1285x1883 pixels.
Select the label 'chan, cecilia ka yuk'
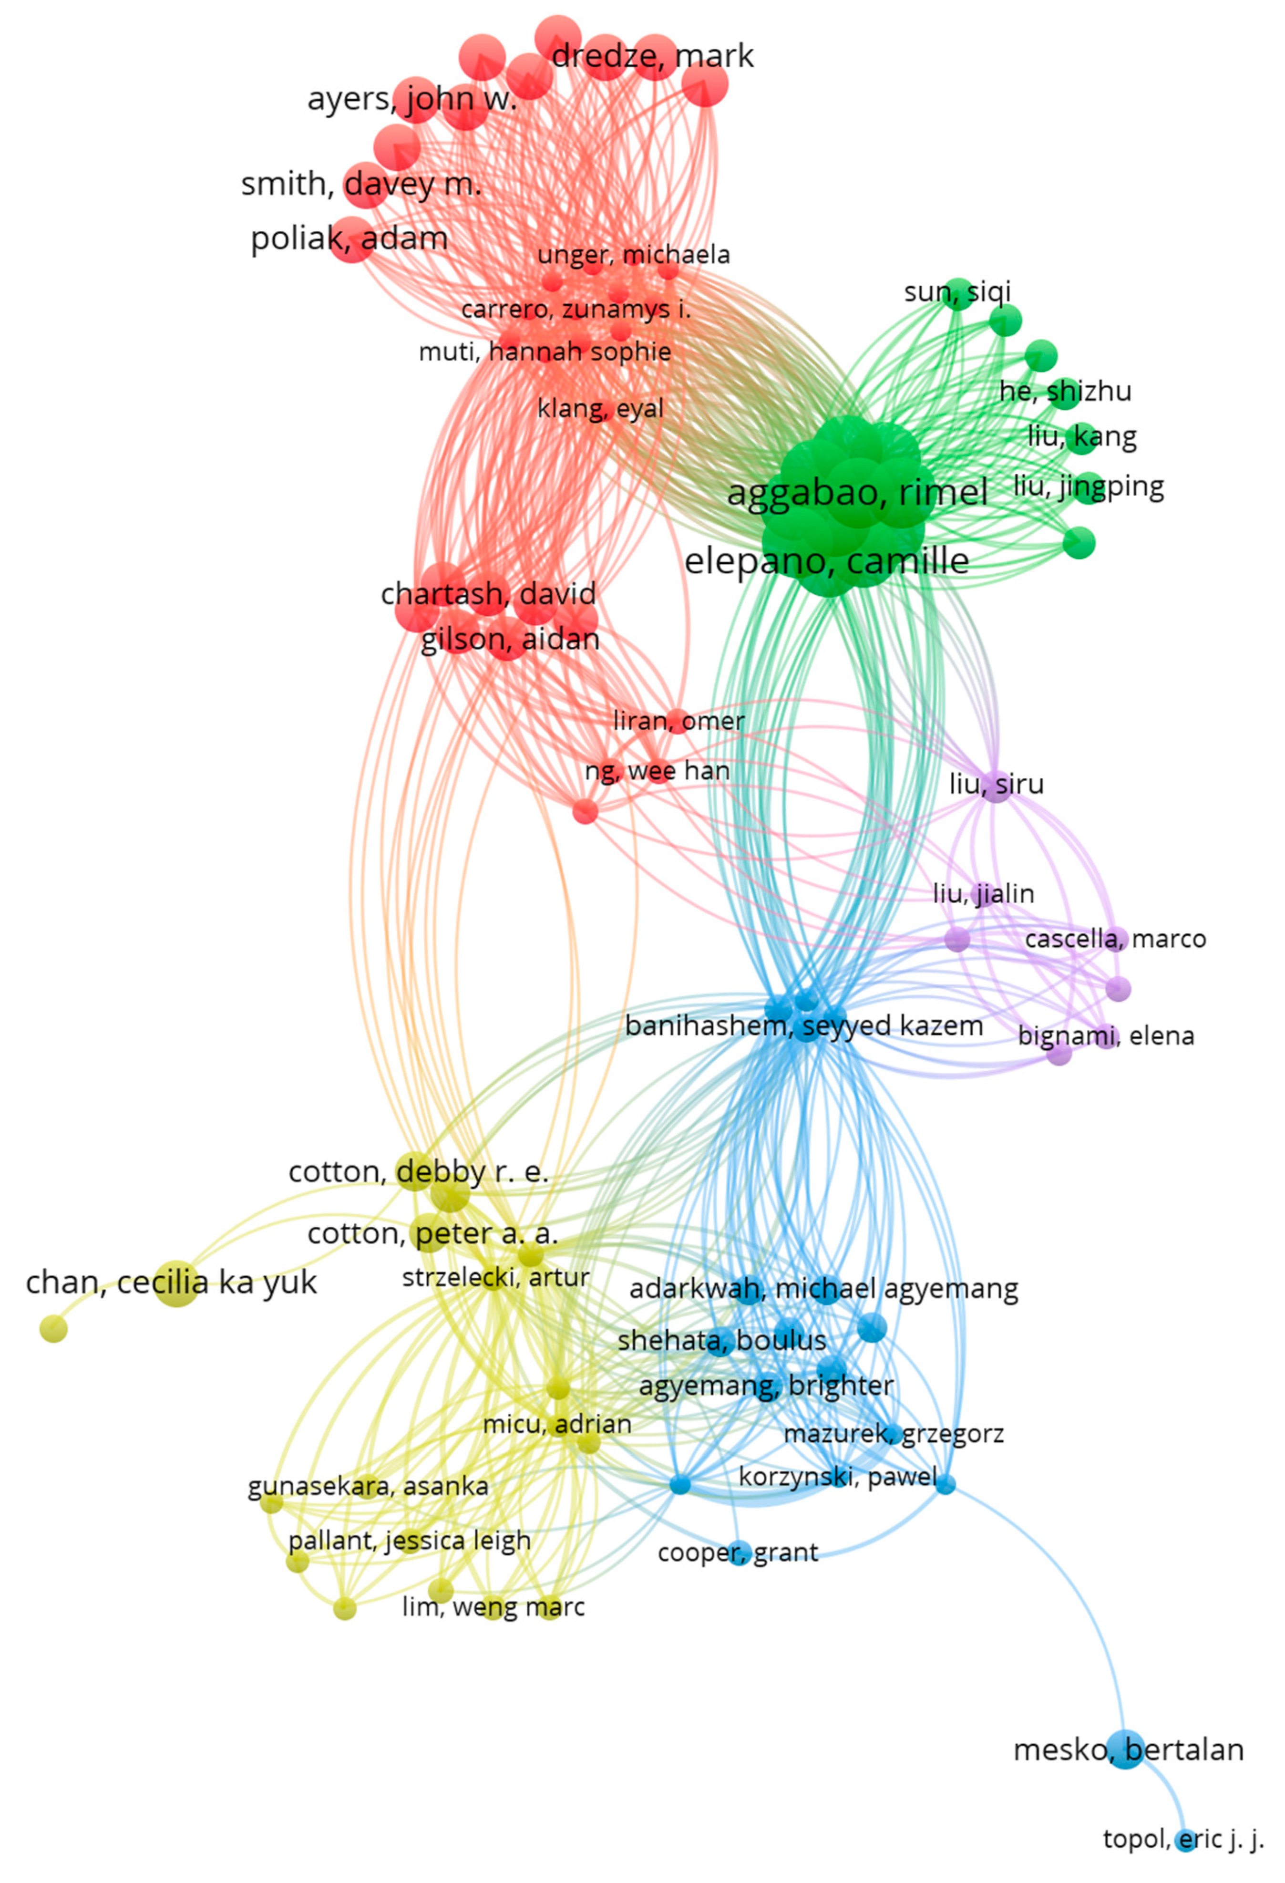(x=171, y=1283)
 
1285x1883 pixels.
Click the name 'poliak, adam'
(x=349, y=239)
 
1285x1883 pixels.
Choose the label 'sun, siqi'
(x=957, y=292)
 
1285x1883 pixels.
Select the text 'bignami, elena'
(x=1106, y=1035)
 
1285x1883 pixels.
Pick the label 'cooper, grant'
(x=737, y=1552)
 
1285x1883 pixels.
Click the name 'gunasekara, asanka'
(x=368, y=1487)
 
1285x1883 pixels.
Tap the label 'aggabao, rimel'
(x=857, y=493)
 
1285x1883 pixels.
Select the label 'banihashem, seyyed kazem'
(x=804, y=1026)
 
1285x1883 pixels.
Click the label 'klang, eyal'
(x=600, y=408)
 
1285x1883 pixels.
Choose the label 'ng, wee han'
(x=657, y=771)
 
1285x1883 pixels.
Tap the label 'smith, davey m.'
(x=361, y=184)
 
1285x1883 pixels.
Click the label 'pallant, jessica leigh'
(x=409, y=1540)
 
